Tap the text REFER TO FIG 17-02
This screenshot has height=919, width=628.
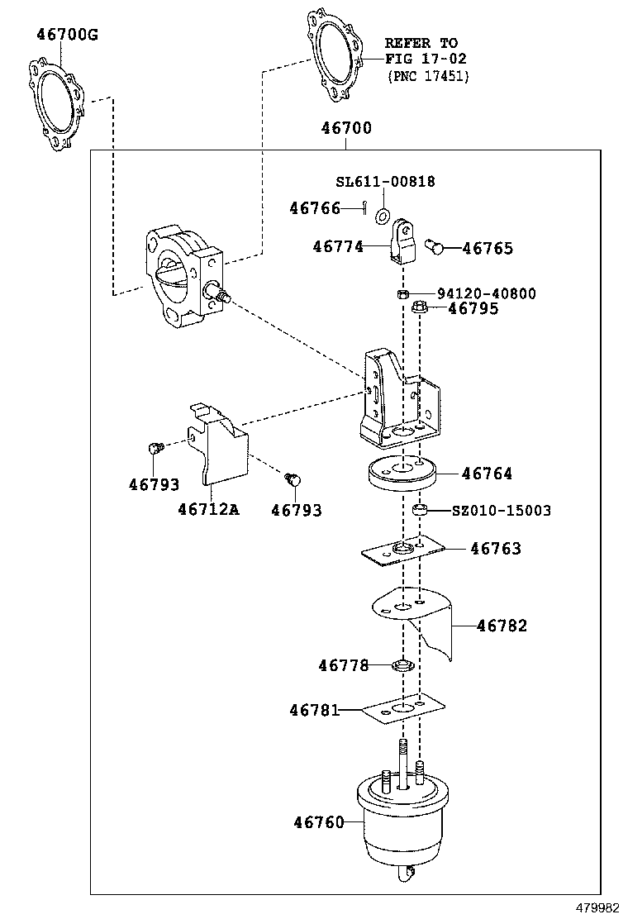(x=426, y=51)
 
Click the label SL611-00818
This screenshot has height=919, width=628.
(x=385, y=182)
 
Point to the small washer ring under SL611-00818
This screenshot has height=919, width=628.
(x=383, y=216)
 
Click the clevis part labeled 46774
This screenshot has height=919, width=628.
(x=402, y=240)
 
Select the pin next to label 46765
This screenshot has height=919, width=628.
(x=435, y=245)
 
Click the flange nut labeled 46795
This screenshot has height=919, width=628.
(x=418, y=310)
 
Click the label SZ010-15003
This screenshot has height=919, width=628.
(x=501, y=511)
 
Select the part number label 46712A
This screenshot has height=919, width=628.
(x=207, y=510)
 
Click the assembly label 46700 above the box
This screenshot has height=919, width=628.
(x=346, y=128)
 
